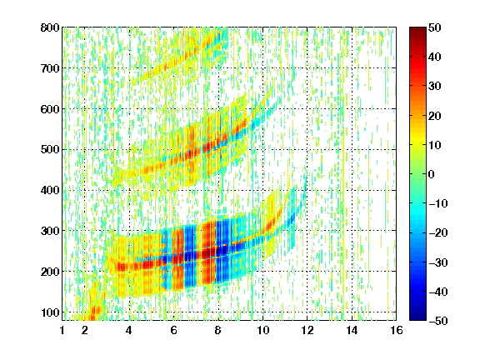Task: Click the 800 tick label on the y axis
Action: coord(50,27)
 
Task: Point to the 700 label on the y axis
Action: coord(50,68)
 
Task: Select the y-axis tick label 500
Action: coord(50,150)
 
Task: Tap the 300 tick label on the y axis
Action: coord(50,231)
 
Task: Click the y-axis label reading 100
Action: coord(50,312)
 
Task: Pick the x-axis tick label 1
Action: coord(62,330)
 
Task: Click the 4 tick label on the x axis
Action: coord(129,330)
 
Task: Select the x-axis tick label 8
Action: coord(217,330)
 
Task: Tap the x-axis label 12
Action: coord(307,330)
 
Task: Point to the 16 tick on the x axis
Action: coord(396,330)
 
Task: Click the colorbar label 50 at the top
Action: coord(435,27)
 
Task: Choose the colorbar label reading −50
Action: coord(438,321)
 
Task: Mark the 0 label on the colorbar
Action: coord(432,174)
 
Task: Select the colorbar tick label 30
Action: coord(435,87)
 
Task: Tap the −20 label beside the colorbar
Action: coord(438,232)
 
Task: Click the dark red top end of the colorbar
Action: coord(417,29)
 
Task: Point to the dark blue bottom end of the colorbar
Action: coord(417,318)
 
